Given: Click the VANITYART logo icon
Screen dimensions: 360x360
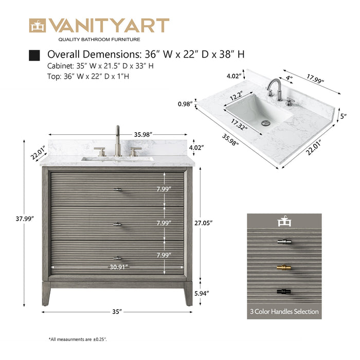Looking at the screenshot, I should [x=37, y=26].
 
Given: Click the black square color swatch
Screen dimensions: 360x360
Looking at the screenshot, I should [x=35, y=55].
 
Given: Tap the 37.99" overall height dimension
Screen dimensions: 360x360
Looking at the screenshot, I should [x=25, y=219].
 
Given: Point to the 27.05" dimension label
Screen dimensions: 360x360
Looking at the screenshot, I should [x=204, y=223].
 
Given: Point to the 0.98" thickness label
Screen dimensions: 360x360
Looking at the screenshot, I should [x=185, y=104].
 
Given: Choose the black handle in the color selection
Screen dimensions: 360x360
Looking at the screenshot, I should [x=284, y=292].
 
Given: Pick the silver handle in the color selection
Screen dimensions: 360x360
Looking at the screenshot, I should [x=284, y=242].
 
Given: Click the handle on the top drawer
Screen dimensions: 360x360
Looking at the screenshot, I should [x=118, y=190].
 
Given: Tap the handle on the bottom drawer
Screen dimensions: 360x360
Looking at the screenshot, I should [x=118, y=258].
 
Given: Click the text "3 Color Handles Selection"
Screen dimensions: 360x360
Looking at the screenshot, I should [x=284, y=311].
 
